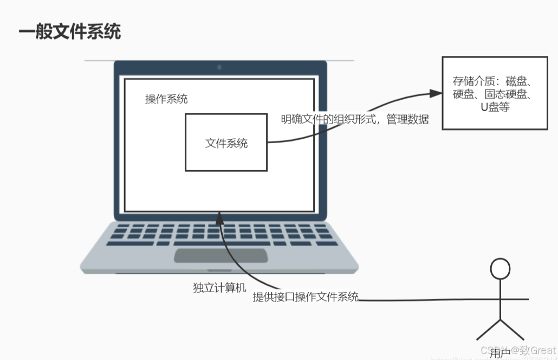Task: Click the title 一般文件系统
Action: pos(69,32)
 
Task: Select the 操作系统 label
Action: pos(166,99)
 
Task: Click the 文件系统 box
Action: pos(226,143)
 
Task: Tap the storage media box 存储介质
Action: pos(496,93)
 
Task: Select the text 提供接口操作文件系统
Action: pos(306,297)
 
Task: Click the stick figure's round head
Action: pos(499,268)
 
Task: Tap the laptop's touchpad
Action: pos(220,255)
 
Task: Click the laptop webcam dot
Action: pos(219,67)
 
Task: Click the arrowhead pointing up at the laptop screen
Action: pos(219,218)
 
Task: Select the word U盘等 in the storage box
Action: pos(495,107)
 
